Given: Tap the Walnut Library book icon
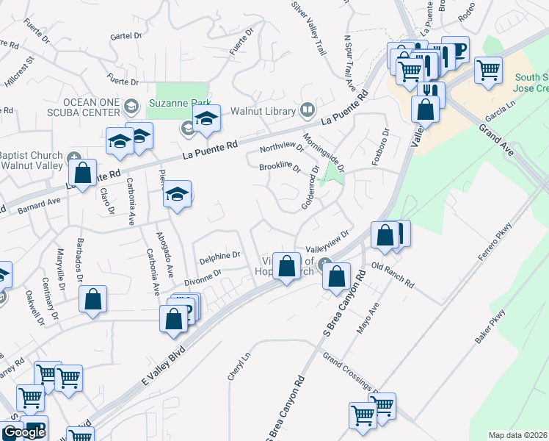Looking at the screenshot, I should (308, 111).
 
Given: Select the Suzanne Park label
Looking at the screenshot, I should (180, 102).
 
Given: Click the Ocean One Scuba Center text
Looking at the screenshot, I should (60, 107).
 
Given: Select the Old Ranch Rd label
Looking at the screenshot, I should (393, 275).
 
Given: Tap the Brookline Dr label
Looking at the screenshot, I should (280, 168).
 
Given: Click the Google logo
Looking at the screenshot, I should (24, 432).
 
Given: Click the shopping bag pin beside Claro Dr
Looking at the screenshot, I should (83, 174).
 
